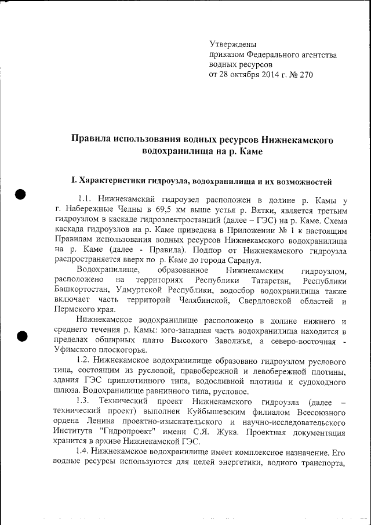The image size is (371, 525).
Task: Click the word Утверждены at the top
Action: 232,44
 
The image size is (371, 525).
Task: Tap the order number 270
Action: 304,75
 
